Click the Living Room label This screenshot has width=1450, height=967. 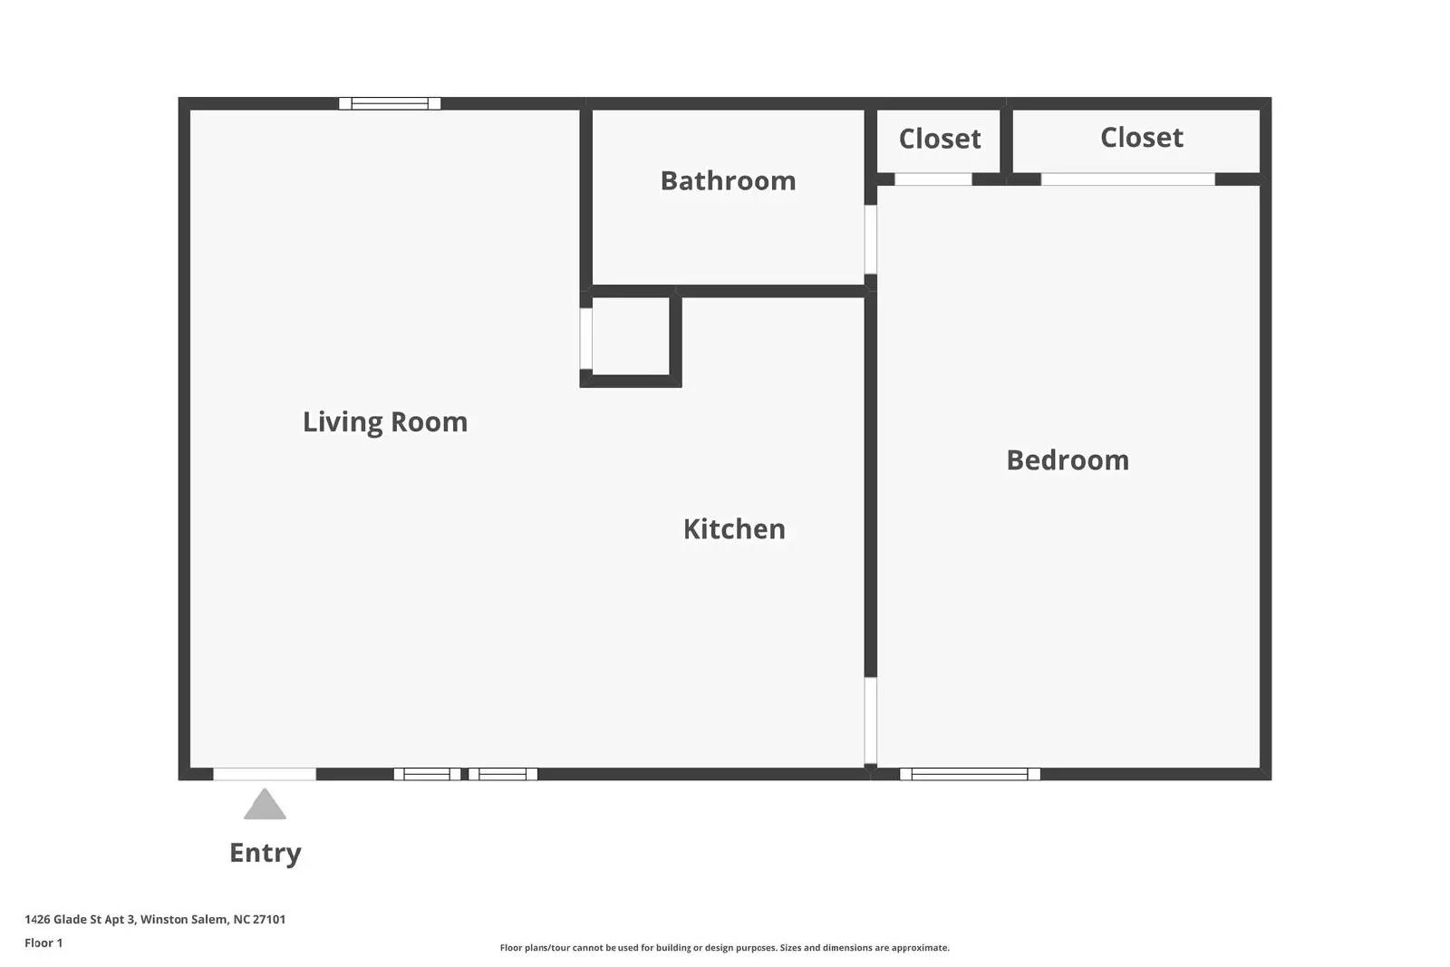[385, 422]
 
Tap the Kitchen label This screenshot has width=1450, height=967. [734, 528]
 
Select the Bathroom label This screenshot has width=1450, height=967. [729, 180]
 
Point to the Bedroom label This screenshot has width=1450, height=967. [1068, 460]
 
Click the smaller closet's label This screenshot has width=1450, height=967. [940, 139]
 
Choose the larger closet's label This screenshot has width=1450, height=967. [1142, 137]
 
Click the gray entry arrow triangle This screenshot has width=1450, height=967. [265, 804]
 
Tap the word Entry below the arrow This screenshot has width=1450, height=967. [266, 853]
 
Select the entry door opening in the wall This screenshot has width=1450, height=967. [265, 774]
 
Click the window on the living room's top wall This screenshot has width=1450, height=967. [390, 103]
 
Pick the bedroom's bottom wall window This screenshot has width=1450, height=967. [970, 774]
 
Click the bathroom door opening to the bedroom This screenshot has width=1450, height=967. [871, 239]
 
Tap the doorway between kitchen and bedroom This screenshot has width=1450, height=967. [871, 721]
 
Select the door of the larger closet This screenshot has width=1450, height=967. [1127, 179]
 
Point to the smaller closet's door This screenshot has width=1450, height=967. [933, 179]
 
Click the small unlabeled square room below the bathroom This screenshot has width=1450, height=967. [631, 336]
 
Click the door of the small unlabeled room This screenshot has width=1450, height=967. [585, 339]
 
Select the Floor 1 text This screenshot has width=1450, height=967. [43, 943]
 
